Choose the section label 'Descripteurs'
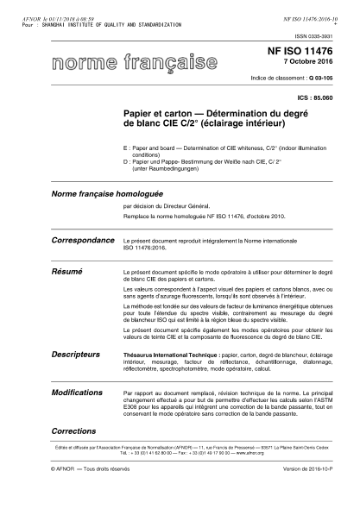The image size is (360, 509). pyautogui.click(x=78, y=354)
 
